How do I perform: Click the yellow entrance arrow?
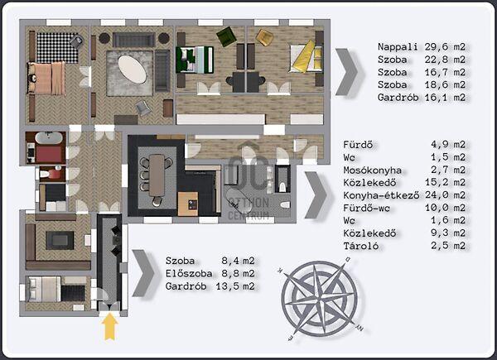pos(109,327)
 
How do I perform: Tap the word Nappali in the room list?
pos(398,47)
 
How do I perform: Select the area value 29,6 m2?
pos(445,47)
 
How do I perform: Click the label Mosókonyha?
pos(373,170)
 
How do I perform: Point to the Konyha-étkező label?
pos(381,195)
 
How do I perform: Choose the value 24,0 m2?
pos(445,194)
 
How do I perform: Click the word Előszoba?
pos(189,273)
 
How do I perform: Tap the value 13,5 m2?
pos(235,286)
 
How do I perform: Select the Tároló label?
pos(361,246)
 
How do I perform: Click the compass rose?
pos(320,300)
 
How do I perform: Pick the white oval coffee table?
pos(133,70)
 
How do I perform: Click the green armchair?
pos(227,36)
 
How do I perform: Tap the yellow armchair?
pos(264,38)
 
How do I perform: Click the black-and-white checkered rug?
pos(57,47)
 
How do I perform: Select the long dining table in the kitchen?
pos(157,175)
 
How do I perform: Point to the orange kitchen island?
pos(188,204)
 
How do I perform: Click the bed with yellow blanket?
pos(306,56)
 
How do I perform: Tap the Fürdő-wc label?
pos(367,208)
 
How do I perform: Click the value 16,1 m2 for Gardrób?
pos(445,97)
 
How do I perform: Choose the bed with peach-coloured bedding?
pos(46,78)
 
